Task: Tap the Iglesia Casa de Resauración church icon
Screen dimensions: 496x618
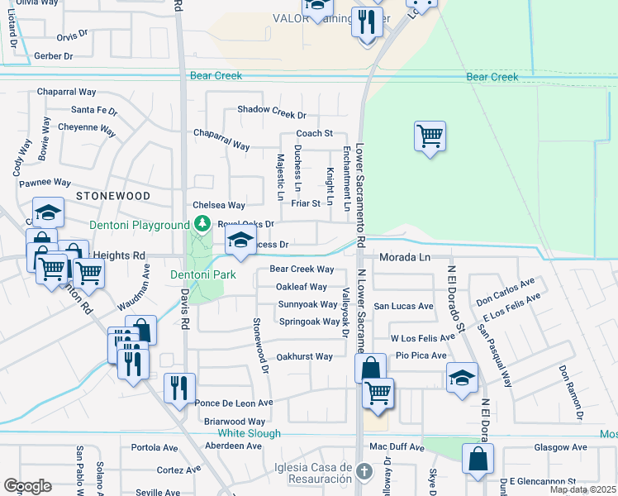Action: [x=366, y=473]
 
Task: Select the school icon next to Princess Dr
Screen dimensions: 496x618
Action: [x=240, y=241]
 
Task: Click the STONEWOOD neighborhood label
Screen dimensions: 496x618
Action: [x=113, y=196]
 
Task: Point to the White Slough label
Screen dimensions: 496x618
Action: [x=250, y=433]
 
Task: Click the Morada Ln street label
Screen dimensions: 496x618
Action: [x=405, y=258]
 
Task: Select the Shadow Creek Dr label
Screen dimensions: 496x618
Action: [x=272, y=110]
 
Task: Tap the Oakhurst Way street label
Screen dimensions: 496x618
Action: [x=304, y=357]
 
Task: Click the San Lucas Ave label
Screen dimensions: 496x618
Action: [x=404, y=306]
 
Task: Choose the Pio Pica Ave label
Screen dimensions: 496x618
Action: [x=421, y=355]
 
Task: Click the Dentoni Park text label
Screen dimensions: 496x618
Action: [x=203, y=274]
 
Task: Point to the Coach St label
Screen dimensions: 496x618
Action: [x=314, y=133]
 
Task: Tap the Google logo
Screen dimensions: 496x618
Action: [x=27, y=486]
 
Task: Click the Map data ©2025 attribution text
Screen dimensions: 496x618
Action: [x=582, y=489]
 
